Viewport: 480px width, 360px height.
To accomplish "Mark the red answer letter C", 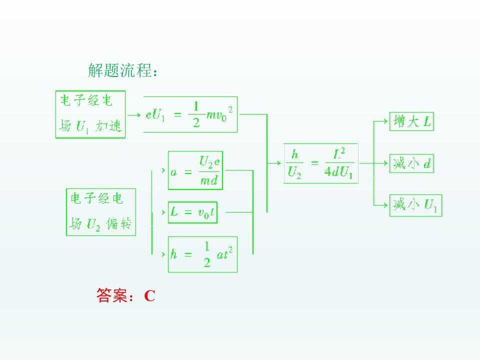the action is coord(149,295).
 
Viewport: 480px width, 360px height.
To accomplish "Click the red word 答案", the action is coord(111,295).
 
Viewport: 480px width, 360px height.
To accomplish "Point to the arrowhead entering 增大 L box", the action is coord(385,121).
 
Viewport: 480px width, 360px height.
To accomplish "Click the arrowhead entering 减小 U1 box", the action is coord(385,205).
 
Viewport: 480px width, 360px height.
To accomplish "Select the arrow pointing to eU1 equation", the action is coord(134,115).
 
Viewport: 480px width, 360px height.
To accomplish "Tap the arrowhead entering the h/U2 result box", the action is coord(278,163).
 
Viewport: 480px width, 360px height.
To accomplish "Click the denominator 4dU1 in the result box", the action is coord(338,172).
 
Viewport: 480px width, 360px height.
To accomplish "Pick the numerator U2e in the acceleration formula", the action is coord(209,161).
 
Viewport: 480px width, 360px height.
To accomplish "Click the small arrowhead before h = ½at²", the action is coord(163,254).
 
